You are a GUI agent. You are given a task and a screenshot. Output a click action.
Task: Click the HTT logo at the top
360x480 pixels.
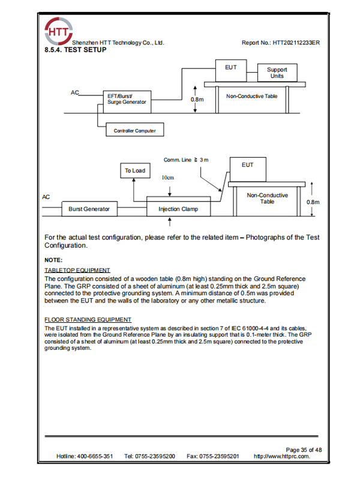(x=58, y=31)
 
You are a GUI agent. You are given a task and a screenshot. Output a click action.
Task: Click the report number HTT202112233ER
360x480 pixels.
(x=280, y=43)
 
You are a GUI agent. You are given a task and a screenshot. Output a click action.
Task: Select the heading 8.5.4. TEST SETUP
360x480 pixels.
(x=76, y=50)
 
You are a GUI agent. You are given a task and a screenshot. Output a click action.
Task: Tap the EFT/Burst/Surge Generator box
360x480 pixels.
(x=126, y=100)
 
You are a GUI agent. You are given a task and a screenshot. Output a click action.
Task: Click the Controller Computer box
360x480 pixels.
(x=134, y=130)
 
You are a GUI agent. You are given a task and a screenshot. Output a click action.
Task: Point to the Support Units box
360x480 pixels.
(x=277, y=73)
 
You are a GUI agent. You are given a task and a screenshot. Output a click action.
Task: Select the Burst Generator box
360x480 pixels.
(x=89, y=209)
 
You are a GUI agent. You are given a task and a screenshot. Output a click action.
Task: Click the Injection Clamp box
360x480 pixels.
(x=178, y=209)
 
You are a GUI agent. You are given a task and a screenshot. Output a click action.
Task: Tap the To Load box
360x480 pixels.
(x=134, y=170)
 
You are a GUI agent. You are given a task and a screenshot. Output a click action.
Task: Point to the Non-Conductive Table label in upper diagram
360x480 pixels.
(x=251, y=96)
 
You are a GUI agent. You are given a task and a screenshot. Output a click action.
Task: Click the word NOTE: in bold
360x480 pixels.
(x=53, y=260)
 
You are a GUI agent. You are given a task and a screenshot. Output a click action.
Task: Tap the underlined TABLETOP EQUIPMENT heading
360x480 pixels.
(x=77, y=271)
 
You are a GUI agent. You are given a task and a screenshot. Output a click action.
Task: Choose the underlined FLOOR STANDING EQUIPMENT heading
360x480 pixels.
(x=88, y=319)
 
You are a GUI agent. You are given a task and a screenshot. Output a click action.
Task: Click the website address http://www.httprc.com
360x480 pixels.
(x=282, y=457)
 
